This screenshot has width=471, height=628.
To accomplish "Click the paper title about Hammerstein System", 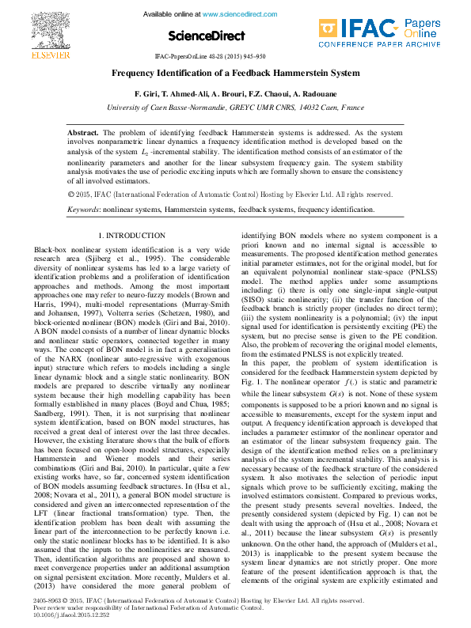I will [x=235, y=72].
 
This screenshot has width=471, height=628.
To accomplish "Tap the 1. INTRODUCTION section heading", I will [x=131, y=236].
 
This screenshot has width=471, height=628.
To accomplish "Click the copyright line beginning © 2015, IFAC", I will [x=230, y=194].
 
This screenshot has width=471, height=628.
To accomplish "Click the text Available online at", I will [x=173, y=14].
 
